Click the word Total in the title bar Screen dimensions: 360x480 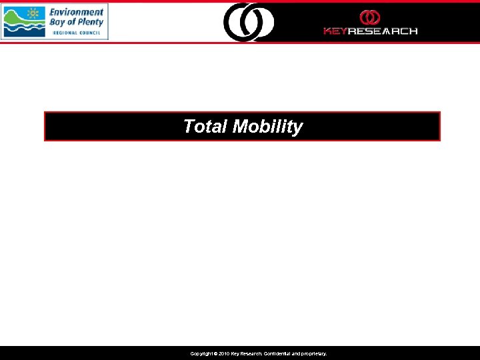click(205, 127)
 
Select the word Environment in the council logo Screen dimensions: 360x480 click(77, 12)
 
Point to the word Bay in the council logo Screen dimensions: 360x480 click(59, 22)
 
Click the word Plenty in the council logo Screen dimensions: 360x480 click(90, 22)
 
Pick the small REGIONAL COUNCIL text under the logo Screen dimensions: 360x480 click(77, 32)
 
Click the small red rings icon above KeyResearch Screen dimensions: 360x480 click(370, 17)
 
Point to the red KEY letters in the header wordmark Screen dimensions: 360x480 click(335, 31)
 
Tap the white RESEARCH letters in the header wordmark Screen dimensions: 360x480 click(383, 31)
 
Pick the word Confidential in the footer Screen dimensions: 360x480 click(274, 354)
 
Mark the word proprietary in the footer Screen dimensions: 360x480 click(313, 354)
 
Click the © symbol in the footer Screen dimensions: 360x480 click(215, 354)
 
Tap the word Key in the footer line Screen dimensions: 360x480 click(236, 354)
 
